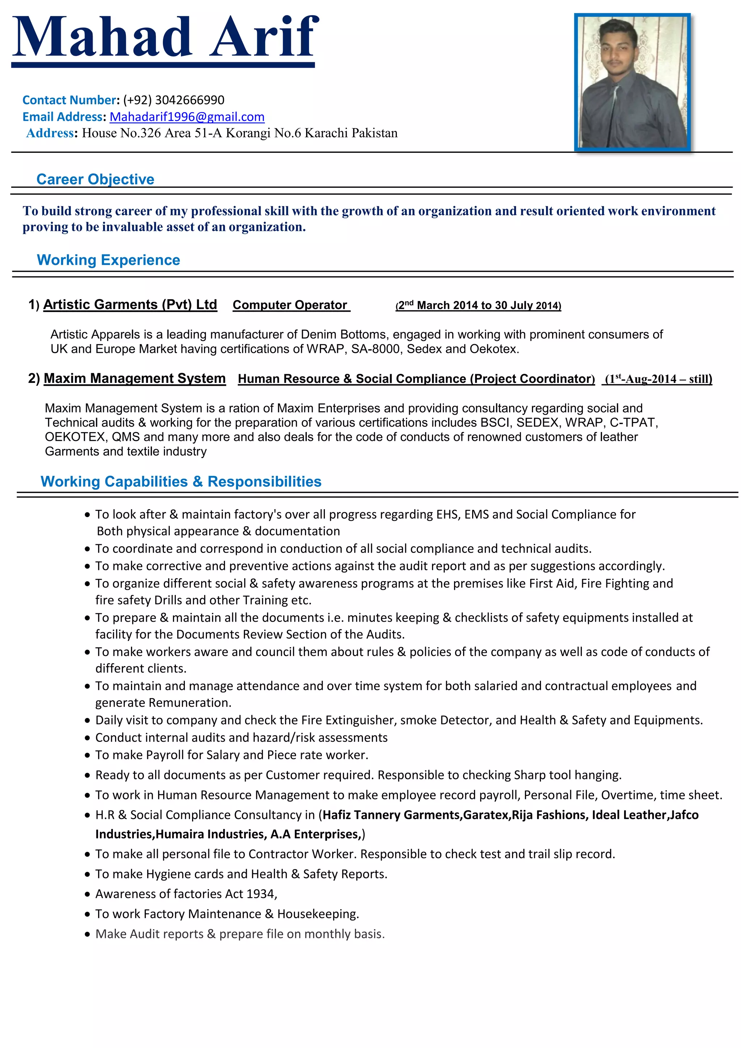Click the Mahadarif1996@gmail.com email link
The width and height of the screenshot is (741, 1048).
(x=187, y=117)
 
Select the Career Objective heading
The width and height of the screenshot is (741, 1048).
(x=96, y=179)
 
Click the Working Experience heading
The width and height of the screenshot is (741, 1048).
(x=108, y=260)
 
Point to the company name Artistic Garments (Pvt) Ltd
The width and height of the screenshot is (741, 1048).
(x=130, y=304)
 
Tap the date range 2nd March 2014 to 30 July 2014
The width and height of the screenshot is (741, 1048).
(x=478, y=305)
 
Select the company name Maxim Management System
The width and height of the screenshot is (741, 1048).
(x=135, y=379)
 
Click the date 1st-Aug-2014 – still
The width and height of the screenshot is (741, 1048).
(x=657, y=379)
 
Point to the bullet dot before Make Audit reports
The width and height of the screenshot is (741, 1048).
(x=88, y=935)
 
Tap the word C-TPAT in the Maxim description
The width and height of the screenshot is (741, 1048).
(x=633, y=423)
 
